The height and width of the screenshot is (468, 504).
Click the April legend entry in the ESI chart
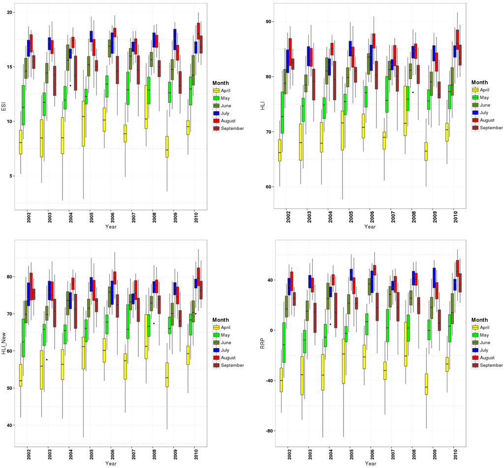click(227, 90)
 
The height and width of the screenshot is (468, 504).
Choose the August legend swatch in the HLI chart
click(475, 120)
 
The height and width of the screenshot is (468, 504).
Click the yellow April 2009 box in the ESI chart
click(167, 146)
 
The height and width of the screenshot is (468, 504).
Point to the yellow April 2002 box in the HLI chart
click(280, 150)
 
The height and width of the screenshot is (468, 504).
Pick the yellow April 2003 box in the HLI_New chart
click(41, 370)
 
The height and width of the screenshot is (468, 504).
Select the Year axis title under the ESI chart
click(111, 227)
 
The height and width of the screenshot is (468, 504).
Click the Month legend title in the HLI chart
click(479, 82)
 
